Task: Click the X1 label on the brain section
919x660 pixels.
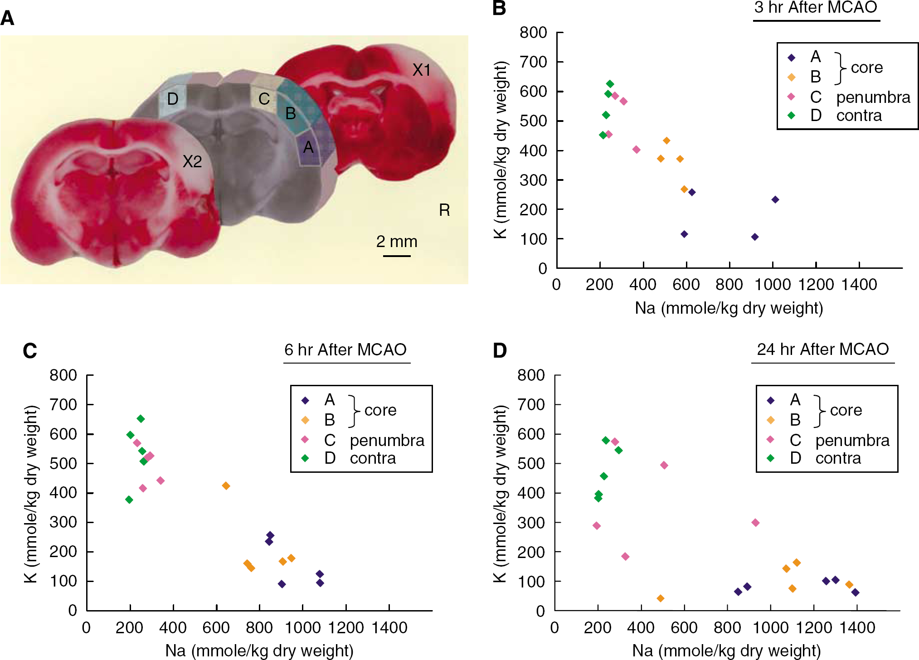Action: (x=421, y=70)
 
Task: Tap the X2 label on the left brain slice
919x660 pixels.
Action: (x=192, y=161)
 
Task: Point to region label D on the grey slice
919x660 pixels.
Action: (x=173, y=99)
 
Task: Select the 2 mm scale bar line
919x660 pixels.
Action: (x=397, y=256)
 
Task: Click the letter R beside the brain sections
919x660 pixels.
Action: (x=444, y=210)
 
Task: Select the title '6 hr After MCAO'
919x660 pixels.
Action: (x=345, y=349)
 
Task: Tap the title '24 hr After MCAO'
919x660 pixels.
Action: (x=823, y=349)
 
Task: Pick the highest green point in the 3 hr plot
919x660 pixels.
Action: (x=610, y=84)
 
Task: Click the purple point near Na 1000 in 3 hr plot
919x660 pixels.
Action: (x=775, y=199)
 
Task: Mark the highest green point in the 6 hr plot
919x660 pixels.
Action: (x=141, y=419)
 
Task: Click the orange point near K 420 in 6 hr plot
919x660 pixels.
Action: (x=226, y=486)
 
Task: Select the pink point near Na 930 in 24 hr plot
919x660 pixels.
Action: (x=755, y=523)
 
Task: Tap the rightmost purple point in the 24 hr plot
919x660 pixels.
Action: (x=856, y=592)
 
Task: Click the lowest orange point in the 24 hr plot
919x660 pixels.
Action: (x=661, y=598)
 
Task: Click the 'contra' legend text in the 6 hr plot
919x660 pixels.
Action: (x=373, y=458)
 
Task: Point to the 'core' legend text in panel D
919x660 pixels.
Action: (x=846, y=410)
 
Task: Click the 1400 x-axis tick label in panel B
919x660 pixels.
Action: (x=859, y=285)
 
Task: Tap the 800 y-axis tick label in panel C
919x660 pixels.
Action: (x=63, y=375)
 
